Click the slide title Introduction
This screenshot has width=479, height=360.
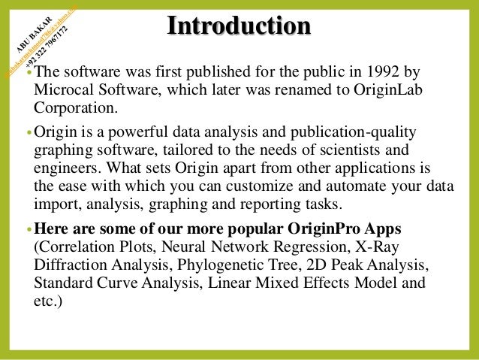(x=239, y=26)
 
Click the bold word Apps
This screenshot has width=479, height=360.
(x=381, y=229)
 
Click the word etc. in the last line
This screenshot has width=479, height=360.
(x=47, y=301)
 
